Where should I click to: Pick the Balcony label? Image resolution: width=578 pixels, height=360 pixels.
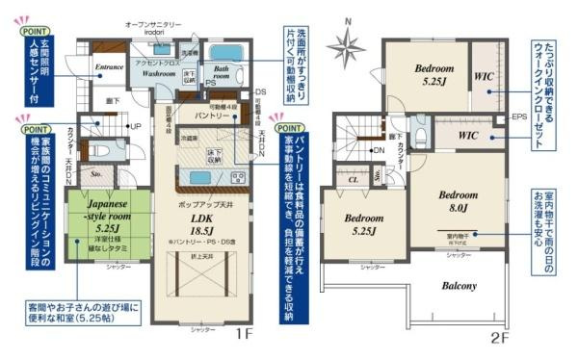point(460,286)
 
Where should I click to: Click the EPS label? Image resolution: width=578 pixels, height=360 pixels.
point(517,118)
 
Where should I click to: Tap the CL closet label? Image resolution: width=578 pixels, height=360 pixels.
point(353,178)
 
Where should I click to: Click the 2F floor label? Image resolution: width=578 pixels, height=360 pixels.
point(499,338)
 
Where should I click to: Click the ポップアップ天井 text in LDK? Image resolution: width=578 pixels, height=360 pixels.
point(200,206)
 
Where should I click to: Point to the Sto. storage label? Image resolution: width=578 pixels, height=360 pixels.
point(97,175)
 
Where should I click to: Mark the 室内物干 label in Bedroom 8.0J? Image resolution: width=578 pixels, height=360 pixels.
point(459,234)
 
